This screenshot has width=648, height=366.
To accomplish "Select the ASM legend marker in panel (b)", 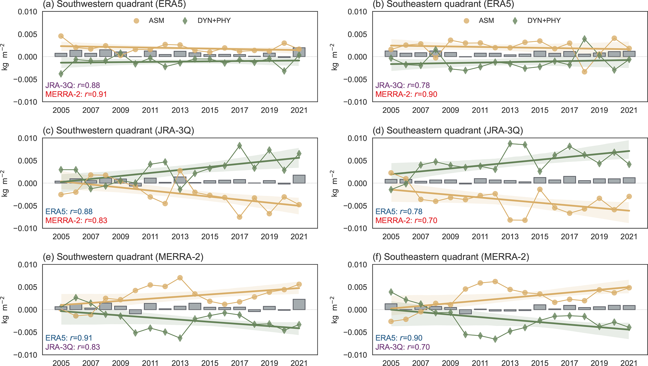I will [x=466, y=21].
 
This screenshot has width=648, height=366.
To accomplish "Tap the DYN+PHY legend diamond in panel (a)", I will [x=185, y=21].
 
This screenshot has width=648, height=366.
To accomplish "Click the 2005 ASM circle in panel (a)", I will [x=61, y=36].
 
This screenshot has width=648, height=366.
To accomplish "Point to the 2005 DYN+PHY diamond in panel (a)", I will [x=61, y=74].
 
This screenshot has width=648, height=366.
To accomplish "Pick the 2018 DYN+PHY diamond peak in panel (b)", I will [x=584, y=39].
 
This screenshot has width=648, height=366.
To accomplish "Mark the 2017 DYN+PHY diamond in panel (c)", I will [x=240, y=145].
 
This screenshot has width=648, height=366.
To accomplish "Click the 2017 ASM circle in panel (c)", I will [x=240, y=217].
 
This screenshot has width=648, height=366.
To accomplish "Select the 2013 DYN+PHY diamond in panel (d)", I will [x=510, y=144].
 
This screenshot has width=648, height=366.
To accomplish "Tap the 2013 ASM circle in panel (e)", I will [x=180, y=278].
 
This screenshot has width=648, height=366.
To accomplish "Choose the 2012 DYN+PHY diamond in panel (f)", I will [x=495, y=339].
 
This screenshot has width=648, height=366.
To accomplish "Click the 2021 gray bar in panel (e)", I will [x=299, y=304].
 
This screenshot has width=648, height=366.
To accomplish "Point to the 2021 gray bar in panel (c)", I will [x=299, y=179].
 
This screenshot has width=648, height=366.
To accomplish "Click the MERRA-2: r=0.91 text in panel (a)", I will [x=76, y=94].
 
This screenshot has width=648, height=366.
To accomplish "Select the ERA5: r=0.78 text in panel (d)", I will [x=399, y=212].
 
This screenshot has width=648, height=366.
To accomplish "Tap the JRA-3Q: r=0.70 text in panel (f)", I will [x=403, y=347].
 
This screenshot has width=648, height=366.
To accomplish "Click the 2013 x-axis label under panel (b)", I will [x=510, y=110].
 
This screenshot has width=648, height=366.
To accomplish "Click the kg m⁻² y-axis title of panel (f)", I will [x=335, y=310].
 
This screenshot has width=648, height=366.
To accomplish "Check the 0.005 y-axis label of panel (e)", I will [x=28, y=287].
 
